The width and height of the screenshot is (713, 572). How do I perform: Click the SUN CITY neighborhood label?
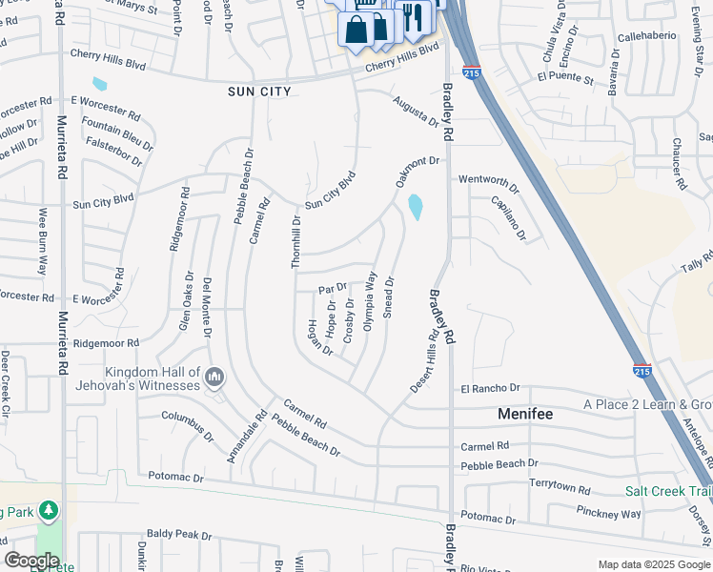pos(259,92)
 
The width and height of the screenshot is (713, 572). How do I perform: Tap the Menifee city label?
pos(526,415)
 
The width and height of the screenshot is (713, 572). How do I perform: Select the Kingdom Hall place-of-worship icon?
pos(214,378)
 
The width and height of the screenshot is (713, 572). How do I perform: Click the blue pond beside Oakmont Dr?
pos(416,206)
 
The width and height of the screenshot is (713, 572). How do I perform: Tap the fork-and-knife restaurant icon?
pos(413,16)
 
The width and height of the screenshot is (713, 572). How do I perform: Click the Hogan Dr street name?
pos(318,337)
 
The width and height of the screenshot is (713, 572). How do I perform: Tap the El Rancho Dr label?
pos(490,389)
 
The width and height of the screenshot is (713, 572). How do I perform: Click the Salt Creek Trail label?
pos(668,492)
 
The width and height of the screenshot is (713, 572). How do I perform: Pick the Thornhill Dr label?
pos(296,241)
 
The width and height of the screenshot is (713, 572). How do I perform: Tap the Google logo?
pos(32,561)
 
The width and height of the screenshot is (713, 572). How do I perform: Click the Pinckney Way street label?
pos(608,513)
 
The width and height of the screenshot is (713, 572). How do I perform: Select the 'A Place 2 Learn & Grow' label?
pos(648,404)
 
